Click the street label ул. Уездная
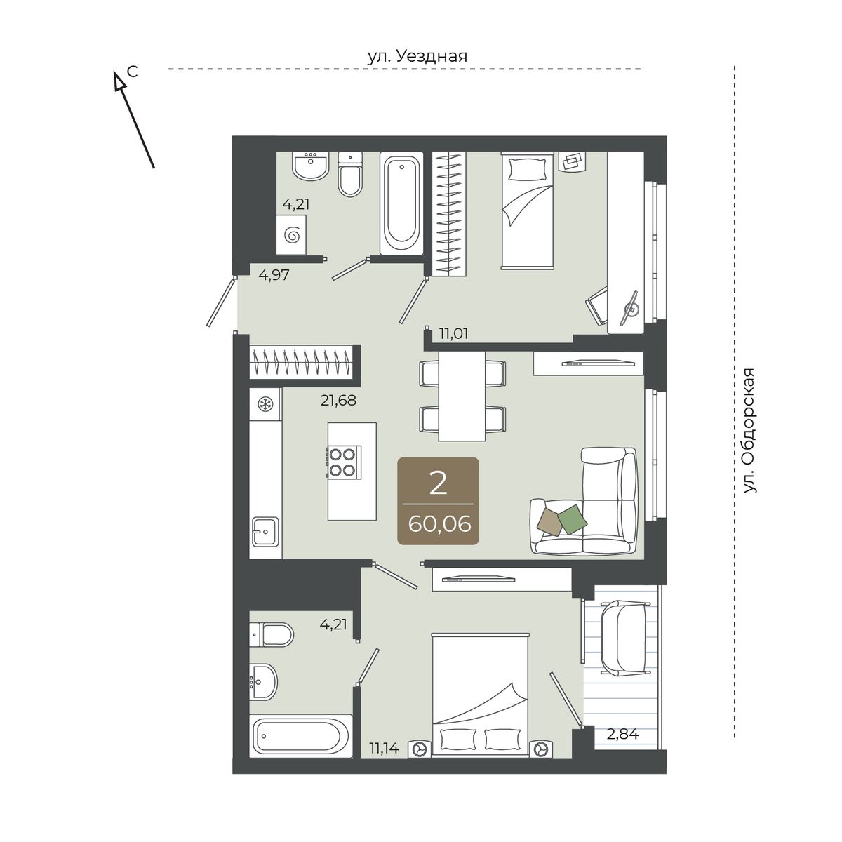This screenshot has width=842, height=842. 417,56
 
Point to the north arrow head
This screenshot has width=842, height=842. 119,81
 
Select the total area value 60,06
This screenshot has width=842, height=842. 439,524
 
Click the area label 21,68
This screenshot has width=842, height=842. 338,400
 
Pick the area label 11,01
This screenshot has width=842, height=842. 453,334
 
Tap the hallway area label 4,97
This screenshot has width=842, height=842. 274,275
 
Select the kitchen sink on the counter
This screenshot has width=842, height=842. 265,531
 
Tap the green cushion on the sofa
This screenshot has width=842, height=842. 573,519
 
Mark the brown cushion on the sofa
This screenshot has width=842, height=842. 550,522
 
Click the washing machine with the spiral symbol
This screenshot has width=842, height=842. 291,235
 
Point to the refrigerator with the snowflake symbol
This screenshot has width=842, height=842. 265,403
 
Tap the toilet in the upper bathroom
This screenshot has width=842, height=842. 350,174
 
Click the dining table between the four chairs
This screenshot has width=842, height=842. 462,396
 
